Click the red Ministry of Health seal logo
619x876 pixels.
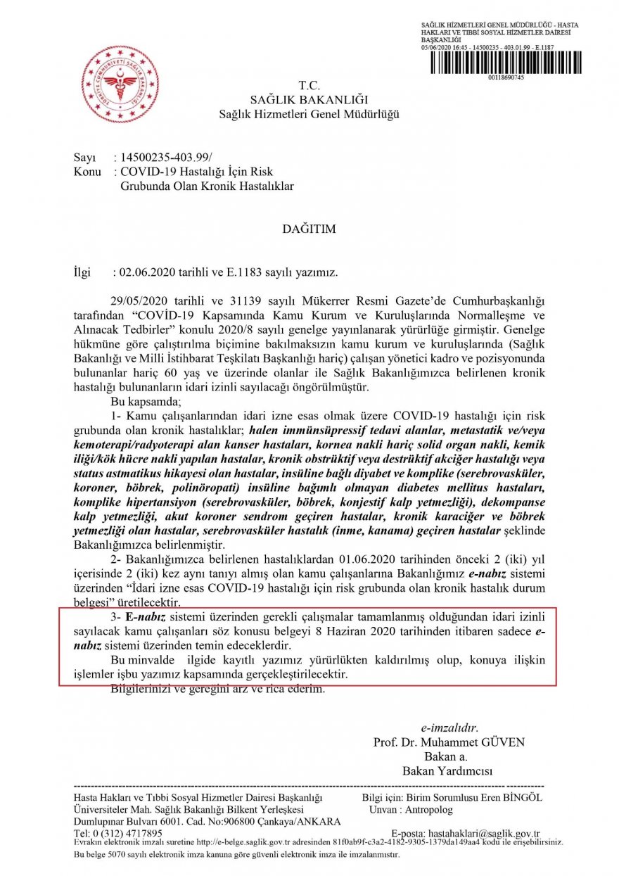pos(120,84)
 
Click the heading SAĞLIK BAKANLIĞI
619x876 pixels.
pos(309,100)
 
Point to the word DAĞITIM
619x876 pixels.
pos(309,229)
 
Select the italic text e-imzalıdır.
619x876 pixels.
pos(449,728)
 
